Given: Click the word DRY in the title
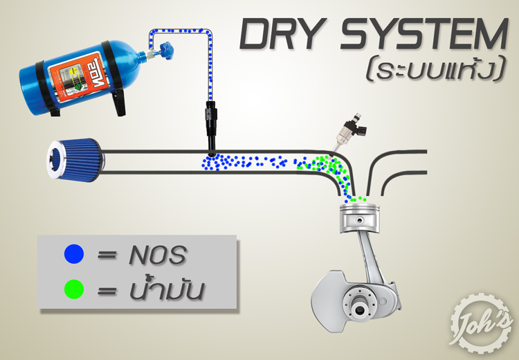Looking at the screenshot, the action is tap(282, 34).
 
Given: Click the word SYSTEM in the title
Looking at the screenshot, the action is tap(424, 34).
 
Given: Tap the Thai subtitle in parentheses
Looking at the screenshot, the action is tap(435, 69).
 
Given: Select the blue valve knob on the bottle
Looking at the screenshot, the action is tap(166, 51).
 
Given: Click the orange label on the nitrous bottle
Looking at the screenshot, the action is tap(76, 78).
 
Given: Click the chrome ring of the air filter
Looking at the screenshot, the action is tap(55, 160).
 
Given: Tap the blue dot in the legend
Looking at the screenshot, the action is tap(74, 254).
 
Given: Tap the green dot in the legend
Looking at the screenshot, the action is tap(74, 289).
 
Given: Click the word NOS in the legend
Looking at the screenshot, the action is tap(158, 255).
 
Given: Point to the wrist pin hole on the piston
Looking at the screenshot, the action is tap(359, 219).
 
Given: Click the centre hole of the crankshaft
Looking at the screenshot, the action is tap(358, 310).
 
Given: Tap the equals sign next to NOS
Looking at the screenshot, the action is tap(107, 255).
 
